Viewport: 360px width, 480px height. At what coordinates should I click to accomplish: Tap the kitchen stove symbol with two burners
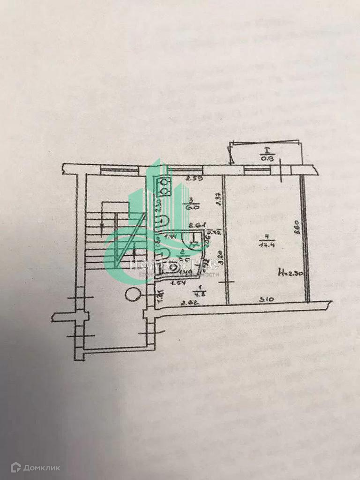[165, 187]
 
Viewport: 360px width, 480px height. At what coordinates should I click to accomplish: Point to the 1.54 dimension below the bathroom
[176, 283]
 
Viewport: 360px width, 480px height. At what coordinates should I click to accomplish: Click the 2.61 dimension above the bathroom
[195, 225]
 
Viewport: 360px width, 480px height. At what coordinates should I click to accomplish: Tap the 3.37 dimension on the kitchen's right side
[218, 201]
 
